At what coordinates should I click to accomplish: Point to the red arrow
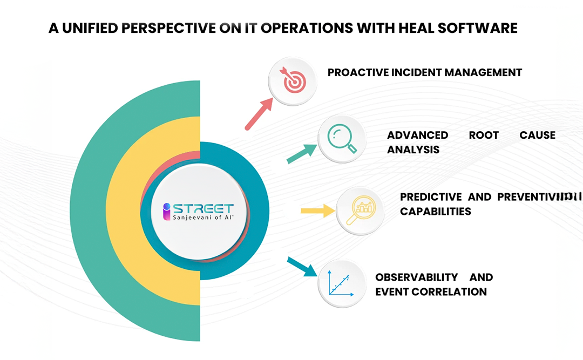pyautogui.click(x=259, y=115)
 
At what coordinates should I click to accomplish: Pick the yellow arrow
pyautogui.click(x=317, y=210)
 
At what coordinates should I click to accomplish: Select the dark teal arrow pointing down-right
pyautogui.click(x=302, y=267)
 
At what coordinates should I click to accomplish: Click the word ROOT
pyautogui.click(x=484, y=135)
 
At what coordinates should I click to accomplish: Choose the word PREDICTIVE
pyautogui.click(x=431, y=197)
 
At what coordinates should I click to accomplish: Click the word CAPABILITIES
pyautogui.click(x=436, y=212)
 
